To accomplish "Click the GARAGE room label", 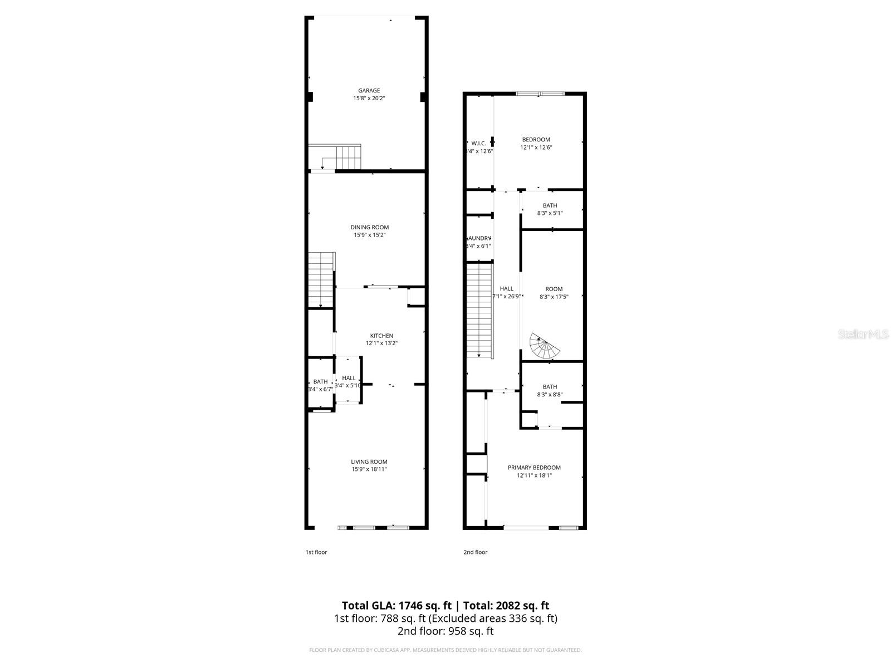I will coord(369,91).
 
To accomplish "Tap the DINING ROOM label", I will coord(369,227).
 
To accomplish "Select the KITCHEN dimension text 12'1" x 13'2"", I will coord(381,343).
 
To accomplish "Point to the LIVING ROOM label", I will coord(369,461).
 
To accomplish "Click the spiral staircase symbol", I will coord(544,346).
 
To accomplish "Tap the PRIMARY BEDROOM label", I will coord(534,468).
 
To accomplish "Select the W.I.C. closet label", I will coord(479,144).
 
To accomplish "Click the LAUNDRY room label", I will coord(479,238).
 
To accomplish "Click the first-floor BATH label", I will coord(320,382).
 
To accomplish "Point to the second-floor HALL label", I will coord(506,288).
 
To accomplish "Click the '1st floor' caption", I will coord(316,552).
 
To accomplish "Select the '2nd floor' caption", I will coord(475,552).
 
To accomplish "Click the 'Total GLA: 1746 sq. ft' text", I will coord(396,606).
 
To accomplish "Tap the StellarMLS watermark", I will coord(863,335).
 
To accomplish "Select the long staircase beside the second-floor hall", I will coord(480,312).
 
